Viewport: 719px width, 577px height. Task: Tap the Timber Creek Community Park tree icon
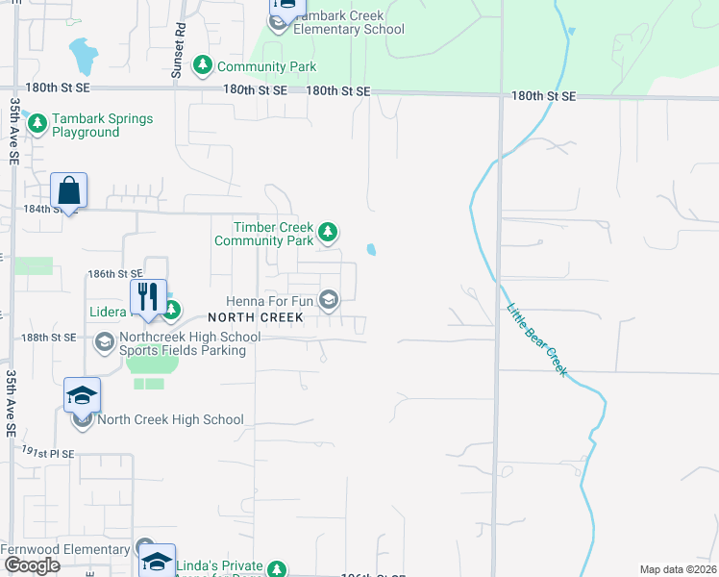[328, 232]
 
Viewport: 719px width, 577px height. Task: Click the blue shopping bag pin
[69, 191]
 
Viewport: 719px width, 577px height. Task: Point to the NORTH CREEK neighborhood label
[256, 316]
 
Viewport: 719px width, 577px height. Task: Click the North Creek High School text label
[170, 419]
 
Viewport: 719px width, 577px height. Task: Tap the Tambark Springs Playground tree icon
[37, 123]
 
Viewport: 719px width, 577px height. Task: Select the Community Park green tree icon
[203, 65]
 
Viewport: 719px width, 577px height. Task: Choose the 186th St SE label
[114, 274]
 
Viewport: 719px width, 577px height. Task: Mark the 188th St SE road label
[49, 338]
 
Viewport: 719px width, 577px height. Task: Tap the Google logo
[32, 565]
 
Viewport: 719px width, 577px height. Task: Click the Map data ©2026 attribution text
[678, 569]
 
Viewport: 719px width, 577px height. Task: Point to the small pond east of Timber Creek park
[371, 250]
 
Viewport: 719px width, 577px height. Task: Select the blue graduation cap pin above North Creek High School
[83, 395]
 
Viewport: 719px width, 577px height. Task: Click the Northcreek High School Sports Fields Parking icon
[104, 341]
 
